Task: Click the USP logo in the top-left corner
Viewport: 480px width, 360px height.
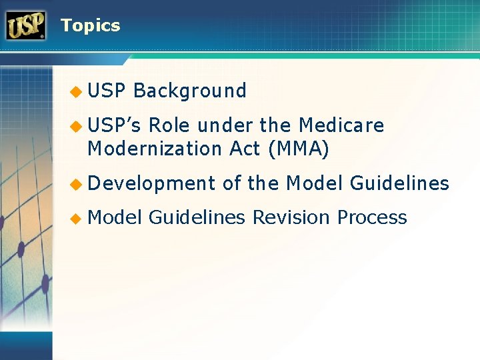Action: point(26,26)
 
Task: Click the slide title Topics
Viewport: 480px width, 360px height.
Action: point(90,26)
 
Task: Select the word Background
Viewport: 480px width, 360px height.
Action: point(190,91)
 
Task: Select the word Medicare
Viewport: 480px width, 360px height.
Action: point(341,125)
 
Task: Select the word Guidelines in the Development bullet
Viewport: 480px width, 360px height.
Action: point(399,183)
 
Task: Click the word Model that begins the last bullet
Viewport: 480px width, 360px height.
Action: point(115,217)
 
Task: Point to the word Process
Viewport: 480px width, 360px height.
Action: point(372,217)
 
